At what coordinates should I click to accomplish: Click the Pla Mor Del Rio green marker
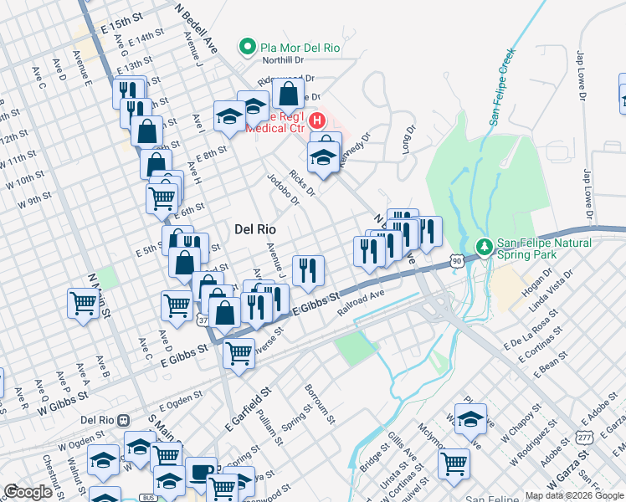(x=248, y=48)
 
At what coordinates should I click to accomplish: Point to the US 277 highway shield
(x=582, y=437)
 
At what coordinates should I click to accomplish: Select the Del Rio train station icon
(x=124, y=420)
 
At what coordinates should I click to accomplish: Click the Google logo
(x=28, y=492)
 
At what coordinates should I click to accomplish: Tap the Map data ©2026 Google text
(x=574, y=494)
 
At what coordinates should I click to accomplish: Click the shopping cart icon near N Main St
(x=83, y=302)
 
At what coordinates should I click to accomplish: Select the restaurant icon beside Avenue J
(x=308, y=269)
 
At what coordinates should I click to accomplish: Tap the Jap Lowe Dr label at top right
(x=580, y=76)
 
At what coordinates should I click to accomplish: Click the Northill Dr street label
(x=281, y=60)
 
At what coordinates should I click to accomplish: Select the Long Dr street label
(x=408, y=140)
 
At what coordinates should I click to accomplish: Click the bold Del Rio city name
(x=255, y=228)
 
